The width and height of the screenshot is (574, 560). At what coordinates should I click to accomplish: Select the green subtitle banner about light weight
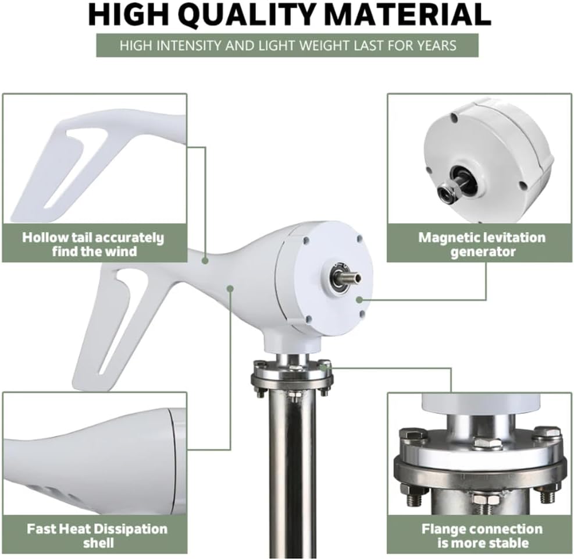tap(287, 45)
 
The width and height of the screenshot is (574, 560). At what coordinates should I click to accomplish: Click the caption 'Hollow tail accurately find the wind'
tap(93, 244)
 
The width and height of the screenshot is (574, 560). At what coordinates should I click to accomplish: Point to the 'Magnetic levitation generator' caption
tap(482, 244)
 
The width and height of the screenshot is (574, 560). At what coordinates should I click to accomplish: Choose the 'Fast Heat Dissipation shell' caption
tap(97, 536)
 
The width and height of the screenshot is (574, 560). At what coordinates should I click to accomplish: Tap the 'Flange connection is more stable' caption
tap(482, 536)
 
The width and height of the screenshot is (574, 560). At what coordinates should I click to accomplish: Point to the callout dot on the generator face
tap(359, 300)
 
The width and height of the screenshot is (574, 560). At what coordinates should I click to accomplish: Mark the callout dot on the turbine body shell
tap(231, 287)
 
